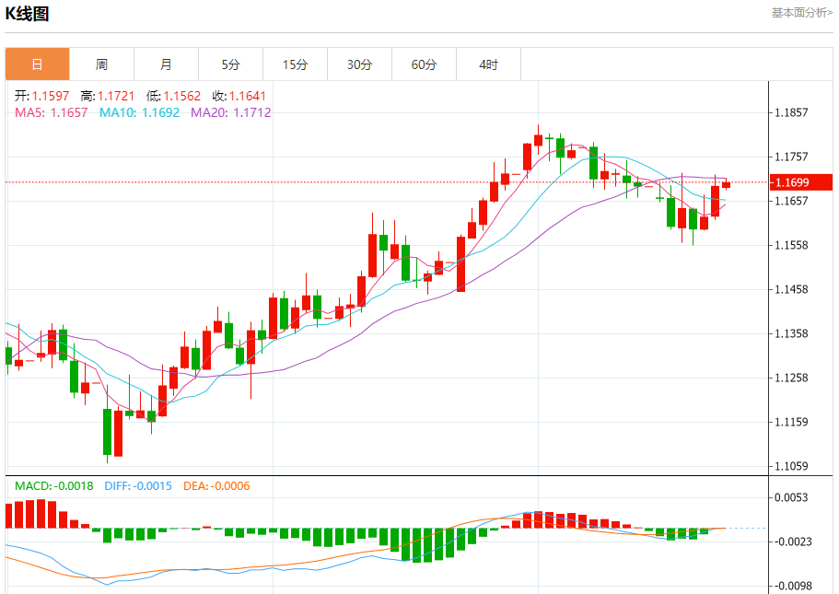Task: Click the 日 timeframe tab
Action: (37, 64)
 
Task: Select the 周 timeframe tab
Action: (101, 64)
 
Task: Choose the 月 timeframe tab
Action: (166, 64)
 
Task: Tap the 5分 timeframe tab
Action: (230, 64)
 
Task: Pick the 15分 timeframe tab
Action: (295, 64)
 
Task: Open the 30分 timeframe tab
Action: (360, 64)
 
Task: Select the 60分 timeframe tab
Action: (425, 64)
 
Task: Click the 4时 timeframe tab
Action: (488, 64)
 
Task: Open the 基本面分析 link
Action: (801, 13)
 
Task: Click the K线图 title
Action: (28, 14)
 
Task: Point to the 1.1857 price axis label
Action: (791, 113)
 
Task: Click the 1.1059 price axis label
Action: (791, 466)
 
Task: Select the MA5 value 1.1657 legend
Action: (52, 112)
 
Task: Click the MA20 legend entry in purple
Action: (230, 112)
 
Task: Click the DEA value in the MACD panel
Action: (216, 485)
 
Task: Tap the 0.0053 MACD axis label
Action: (791, 497)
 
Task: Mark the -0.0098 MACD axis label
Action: (791, 586)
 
